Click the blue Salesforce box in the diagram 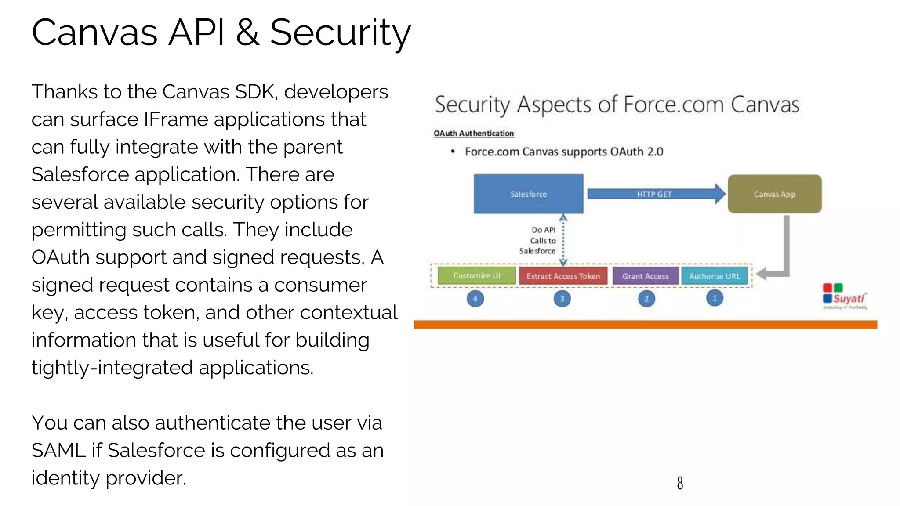pos(528,194)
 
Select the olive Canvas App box pos(774,194)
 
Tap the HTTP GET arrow pos(655,194)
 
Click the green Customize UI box pos(477,276)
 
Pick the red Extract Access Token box pos(563,276)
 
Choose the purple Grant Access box pos(645,276)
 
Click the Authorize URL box pos(715,276)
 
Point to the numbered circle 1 pos(715,298)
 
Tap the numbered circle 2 pos(646,299)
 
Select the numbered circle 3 pos(562,299)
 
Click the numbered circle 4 pos(475,299)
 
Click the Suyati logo pos(845,296)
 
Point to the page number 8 pos(680,483)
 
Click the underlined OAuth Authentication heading pos(473,133)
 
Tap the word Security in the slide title pos(340,33)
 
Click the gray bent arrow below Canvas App pos(784,255)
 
